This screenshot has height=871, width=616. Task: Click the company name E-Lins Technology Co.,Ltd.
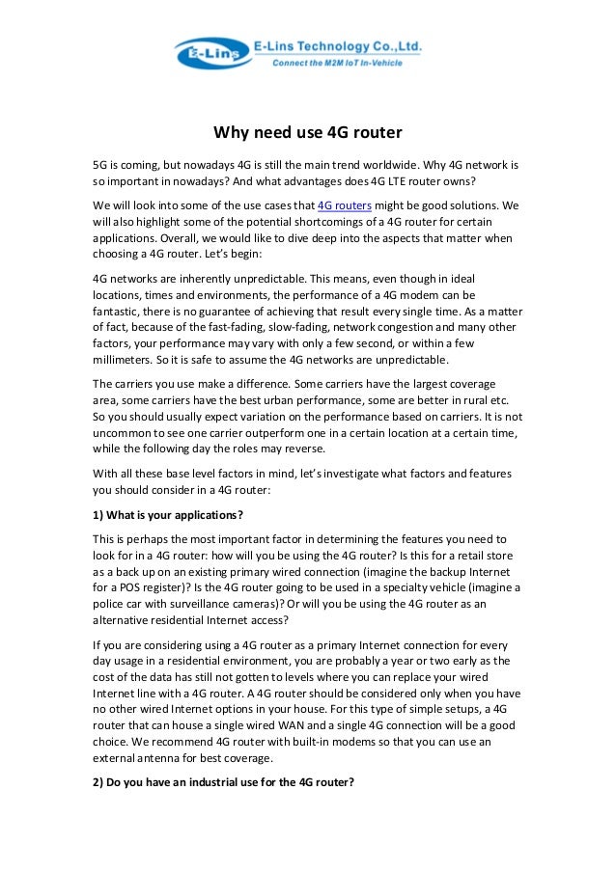(337, 45)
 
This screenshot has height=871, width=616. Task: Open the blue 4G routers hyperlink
(345, 205)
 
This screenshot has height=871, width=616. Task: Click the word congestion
(394, 327)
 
